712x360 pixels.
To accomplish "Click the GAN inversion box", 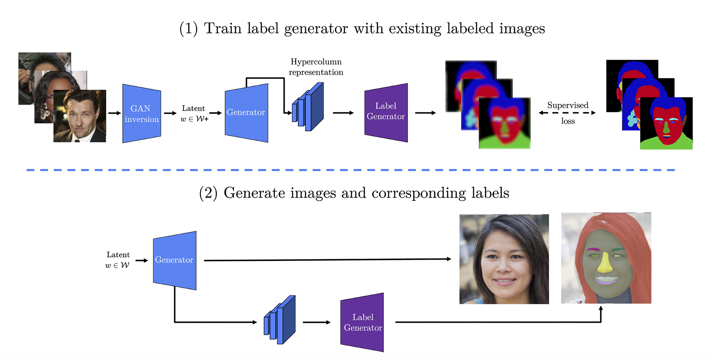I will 142,114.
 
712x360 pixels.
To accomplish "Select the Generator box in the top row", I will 246,112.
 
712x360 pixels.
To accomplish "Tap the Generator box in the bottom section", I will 174,260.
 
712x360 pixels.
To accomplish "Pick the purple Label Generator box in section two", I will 363,322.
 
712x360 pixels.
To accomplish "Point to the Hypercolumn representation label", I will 316,67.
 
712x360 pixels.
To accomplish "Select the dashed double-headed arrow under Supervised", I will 567,113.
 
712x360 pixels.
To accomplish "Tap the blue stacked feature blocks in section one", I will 308,107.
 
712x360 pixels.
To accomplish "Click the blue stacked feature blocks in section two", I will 279,320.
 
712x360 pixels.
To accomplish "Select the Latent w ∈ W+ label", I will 194,114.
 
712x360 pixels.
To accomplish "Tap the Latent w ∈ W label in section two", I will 118,260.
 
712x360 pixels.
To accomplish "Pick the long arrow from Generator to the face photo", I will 326,260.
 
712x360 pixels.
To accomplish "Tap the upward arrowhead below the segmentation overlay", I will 600,309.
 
